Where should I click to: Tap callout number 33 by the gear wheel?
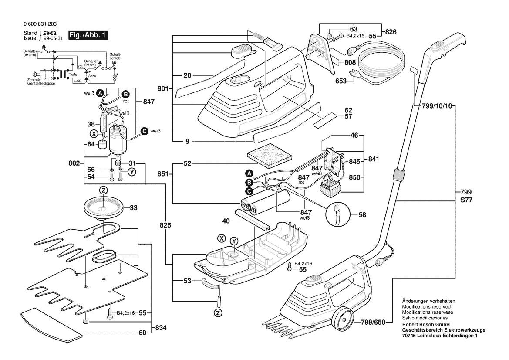coord(133,208)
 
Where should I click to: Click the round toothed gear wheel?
coord(103,206)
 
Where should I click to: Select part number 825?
coord(165,226)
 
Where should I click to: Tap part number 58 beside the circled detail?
coord(363,214)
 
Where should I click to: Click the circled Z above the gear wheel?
coord(103,190)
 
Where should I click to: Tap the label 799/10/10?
coord(437,107)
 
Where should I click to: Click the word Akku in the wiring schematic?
coord(92,76)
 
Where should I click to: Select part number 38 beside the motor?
coord(91,124)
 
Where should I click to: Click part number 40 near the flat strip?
coord(226,221)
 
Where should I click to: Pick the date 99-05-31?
coord(51,38)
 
